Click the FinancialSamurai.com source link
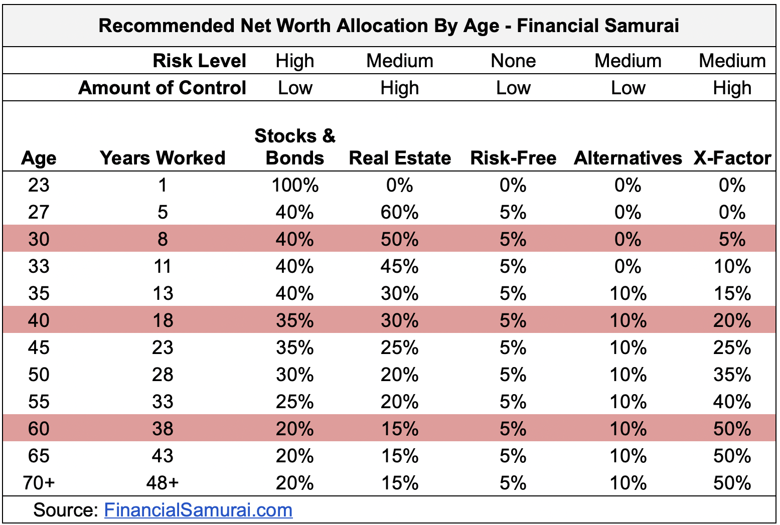tap(198, 510)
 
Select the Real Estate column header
tap(400, 158)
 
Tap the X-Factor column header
tap(732, 158)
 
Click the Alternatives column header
tap(628, 158)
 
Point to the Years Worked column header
tap(163, 158)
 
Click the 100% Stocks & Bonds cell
tap(295, 185)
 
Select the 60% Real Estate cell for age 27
tap(400, 212)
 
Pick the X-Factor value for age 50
tap(732, 375)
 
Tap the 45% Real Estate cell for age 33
tap(400, 266)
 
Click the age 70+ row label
tap(39, 483)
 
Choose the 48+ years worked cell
tap(163, 483)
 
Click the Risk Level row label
tap(199, 61)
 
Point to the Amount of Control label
tap(162, 88)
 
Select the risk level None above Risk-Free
tap(513, 61)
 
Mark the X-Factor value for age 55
tap(732, 402)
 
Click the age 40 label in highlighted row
tap(39, 320)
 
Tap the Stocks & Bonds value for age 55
tap(295, 402)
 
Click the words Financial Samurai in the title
tap(598, 26)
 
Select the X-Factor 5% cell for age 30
tap(732, 239)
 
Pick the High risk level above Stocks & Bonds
tap(295, 61)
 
